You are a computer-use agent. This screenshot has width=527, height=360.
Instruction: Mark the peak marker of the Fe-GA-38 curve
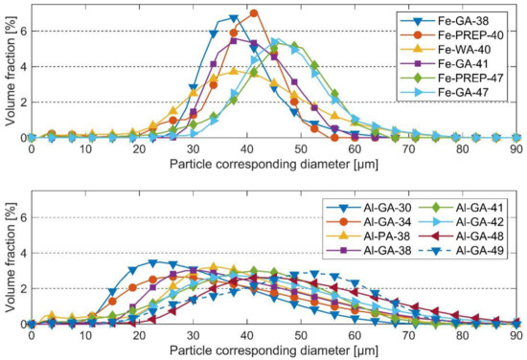pos(234,18)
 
